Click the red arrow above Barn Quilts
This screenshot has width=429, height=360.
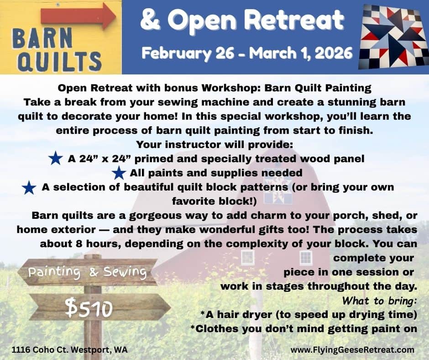point(78,16)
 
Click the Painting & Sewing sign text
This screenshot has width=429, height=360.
point(88,272)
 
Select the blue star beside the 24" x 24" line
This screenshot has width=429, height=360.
point(56,158)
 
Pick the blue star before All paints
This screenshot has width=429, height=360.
point(119,173)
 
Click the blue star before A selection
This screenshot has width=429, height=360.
point(29,188)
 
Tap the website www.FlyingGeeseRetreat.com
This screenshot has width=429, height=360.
point(352,350)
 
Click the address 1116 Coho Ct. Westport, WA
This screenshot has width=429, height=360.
point(70,350)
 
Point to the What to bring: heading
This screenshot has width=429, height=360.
point(379,301)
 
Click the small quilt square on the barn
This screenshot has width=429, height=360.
point(278,190)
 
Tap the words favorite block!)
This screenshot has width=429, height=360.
point(214,201)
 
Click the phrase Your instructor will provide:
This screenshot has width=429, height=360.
point(214,144)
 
